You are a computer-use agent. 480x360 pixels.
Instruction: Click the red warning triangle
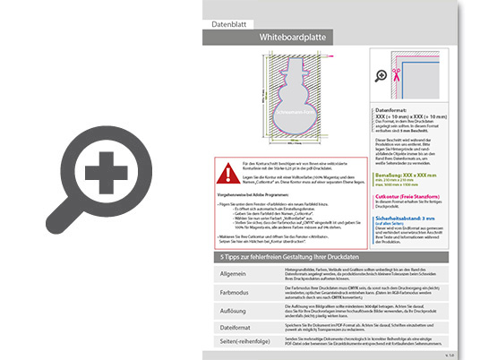coord(221,169)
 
